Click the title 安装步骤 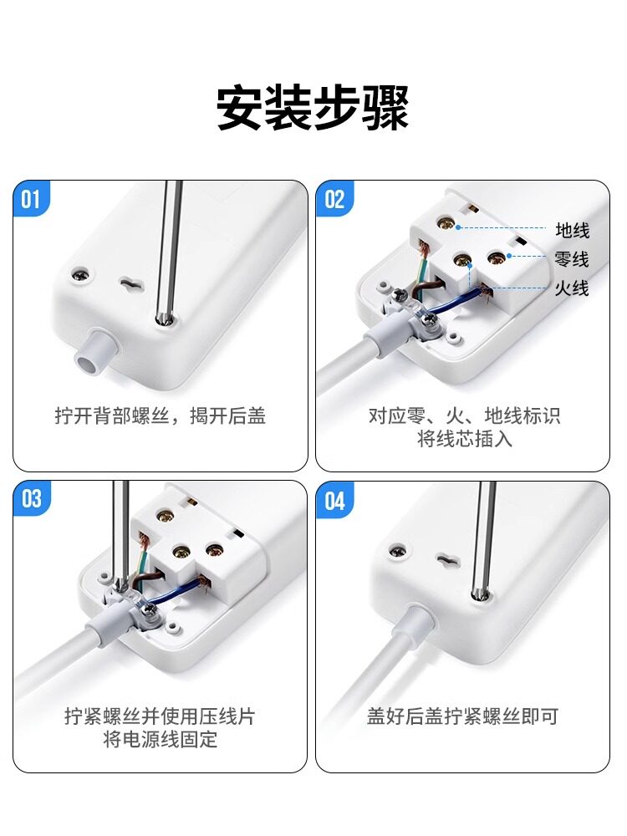point(313,108)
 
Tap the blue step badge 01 point(31,200)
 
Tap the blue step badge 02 point(334,200)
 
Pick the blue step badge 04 point(334,500)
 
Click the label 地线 point(572,231)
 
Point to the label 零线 point(572,259)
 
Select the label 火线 point(572,288)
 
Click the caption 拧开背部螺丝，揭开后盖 point(160,415)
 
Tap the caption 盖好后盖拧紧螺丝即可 point(463,716)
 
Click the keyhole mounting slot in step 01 point(130,283)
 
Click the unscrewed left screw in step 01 point(83,275)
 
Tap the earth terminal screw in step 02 point(444,223)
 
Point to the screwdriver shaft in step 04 point(482,539)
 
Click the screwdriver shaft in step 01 point(168,252)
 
